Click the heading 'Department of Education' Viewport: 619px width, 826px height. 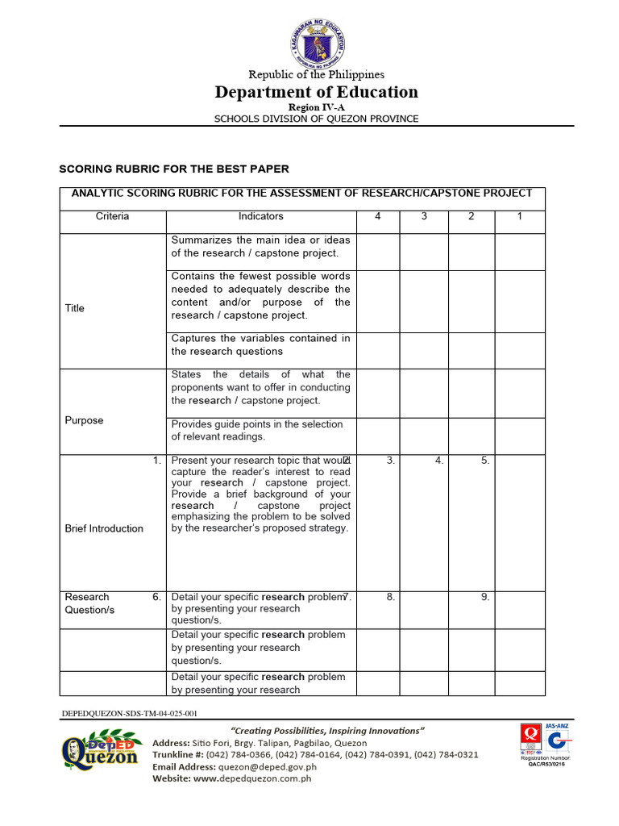316,92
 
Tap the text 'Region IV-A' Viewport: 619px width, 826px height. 316,107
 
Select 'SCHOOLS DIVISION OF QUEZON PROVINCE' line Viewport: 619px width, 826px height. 316,119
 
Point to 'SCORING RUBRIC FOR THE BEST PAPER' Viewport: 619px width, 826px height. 174,169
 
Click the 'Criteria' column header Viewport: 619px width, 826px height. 112,216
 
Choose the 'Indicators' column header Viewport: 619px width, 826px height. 260,216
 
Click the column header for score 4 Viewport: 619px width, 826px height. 377,216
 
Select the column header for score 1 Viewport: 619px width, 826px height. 519,216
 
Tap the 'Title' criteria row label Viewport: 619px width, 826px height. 74,308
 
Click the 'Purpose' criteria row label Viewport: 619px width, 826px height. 84,420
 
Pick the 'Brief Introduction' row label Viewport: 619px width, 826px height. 104,528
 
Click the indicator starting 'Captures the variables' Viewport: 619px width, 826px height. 260,344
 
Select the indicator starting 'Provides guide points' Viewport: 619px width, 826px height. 257,430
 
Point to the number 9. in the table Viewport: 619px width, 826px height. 485,597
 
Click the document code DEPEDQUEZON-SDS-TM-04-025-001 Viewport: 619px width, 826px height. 129,714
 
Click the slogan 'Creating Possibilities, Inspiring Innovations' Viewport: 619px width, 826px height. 328,730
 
